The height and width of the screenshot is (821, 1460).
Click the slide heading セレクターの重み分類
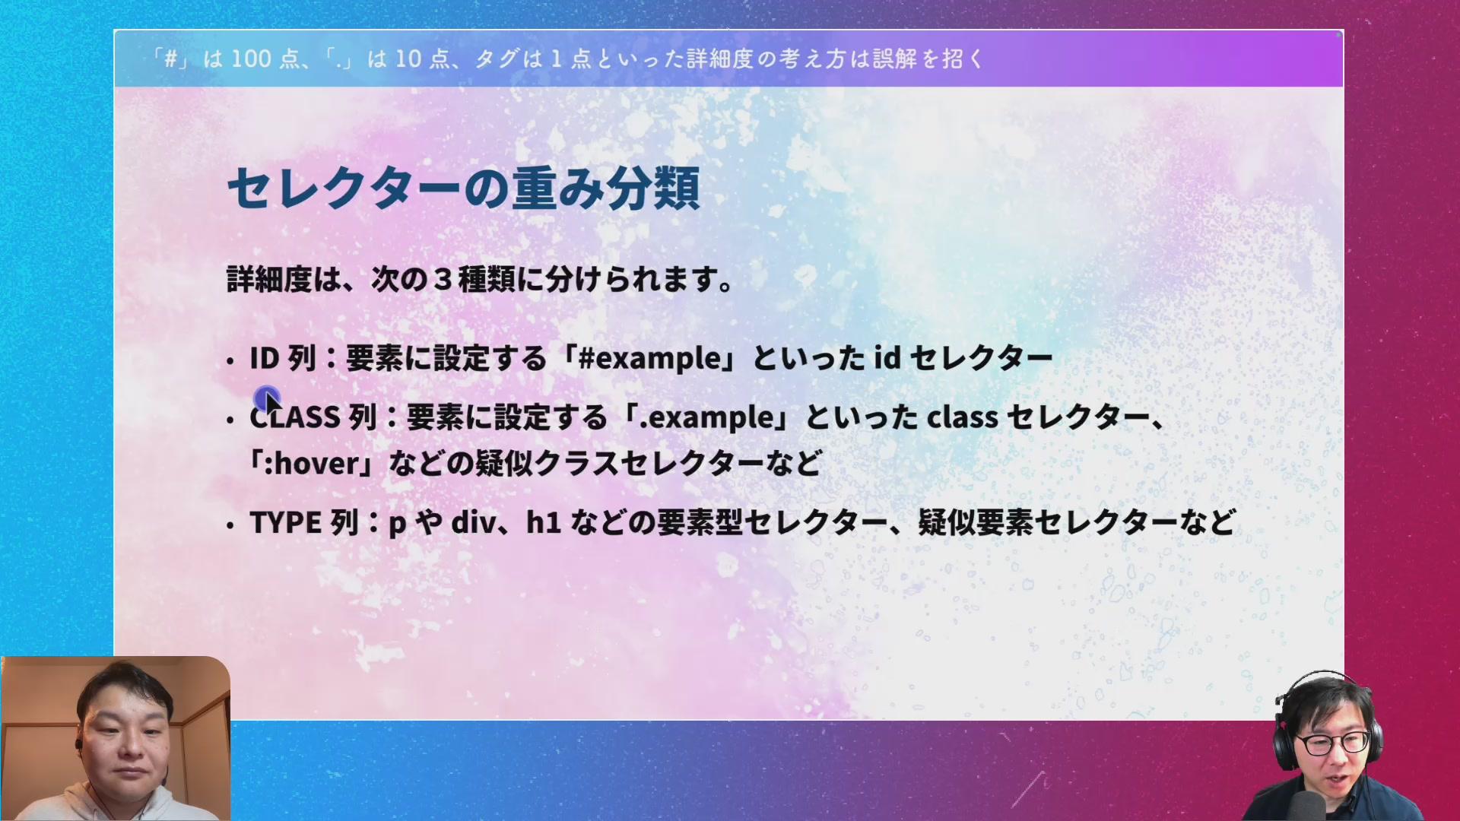click(463, 189)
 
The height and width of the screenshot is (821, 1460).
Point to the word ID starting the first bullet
click(265, 358)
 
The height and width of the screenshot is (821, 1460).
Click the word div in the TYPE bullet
click(472, 523)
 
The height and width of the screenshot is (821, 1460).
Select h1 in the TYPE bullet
click(544, 523)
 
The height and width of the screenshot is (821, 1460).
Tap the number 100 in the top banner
click(251, 59)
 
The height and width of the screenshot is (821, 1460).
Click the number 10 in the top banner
click(408, 59)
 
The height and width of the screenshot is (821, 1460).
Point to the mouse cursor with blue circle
click(268, 398)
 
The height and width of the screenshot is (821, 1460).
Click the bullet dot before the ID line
click(230, 360)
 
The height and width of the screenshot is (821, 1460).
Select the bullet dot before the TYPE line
click(230, 525)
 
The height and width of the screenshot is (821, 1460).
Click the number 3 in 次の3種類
click(443, 280)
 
